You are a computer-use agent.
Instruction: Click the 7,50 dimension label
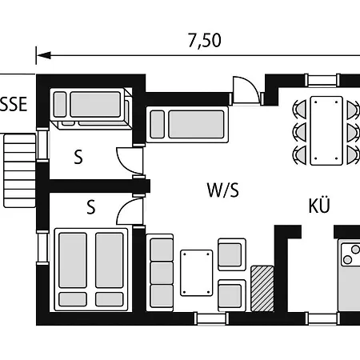click(205, 41)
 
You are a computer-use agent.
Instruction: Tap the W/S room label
click(222, 190)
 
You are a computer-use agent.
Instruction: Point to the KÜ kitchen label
click(319, 205)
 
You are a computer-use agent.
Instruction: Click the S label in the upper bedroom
click(78, 157)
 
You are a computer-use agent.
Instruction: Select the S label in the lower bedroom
click(91, 207)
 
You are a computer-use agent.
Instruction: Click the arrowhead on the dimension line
click(44, 55)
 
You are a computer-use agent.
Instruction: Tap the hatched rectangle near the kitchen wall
click(262, 288)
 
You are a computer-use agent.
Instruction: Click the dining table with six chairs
click(326, 131)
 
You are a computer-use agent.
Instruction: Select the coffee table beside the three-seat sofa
click(197, 273)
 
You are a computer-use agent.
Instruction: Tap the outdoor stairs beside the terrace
click(20, 170)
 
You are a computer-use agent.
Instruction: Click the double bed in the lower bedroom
click(91, 270)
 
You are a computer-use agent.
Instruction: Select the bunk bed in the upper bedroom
click(91, 108)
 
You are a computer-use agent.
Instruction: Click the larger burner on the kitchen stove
click(355, 250)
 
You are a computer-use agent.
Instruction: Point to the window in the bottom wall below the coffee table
click(211, 318)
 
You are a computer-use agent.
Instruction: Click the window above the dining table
click(322, 80)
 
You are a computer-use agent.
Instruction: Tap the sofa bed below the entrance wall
click(187, 125)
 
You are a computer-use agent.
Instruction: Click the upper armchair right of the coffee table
click(232, 254)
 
